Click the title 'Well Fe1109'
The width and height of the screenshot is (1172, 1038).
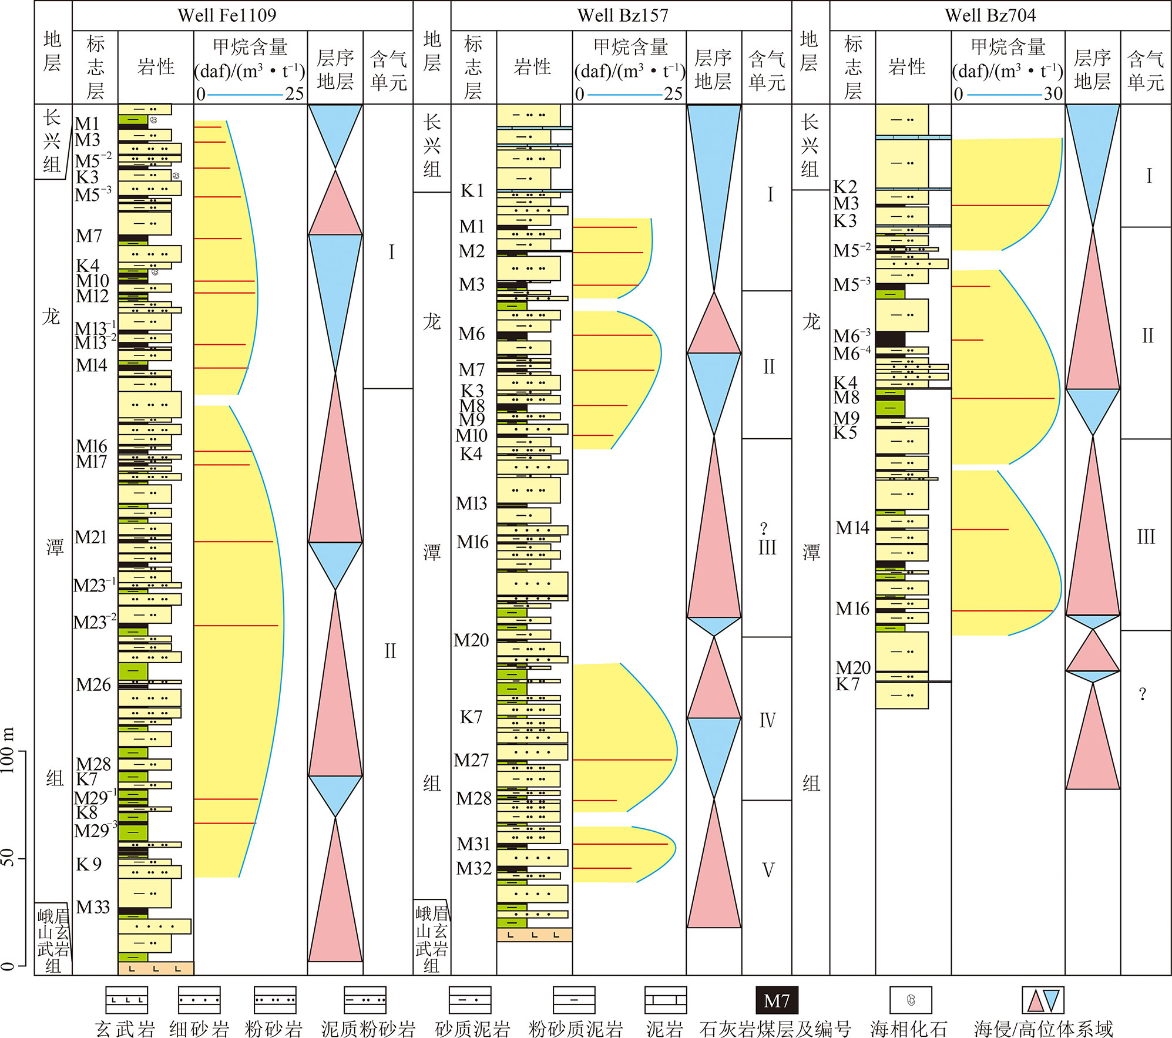[227, 15]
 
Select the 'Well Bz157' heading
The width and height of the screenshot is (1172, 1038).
[623, 15]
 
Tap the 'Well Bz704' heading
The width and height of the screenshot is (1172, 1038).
[990, 15]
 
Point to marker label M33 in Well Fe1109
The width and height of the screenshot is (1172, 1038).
[93, 907]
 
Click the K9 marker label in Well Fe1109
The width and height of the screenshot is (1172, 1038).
[89, 864]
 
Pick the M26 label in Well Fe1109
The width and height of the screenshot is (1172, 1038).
[93, 684]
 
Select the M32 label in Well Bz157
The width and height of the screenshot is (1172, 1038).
[473, 868]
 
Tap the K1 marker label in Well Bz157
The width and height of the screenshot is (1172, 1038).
[472, 191]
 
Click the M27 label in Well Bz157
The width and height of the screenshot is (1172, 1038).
[472, 760]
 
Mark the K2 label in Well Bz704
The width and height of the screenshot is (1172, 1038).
[845, 187]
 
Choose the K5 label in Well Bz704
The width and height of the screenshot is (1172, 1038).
[845, 432]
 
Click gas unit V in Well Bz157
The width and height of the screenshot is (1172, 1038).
[768, 870]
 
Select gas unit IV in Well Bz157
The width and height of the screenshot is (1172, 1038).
[767, 720]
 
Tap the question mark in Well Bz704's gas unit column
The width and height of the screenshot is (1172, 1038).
[1143, 694]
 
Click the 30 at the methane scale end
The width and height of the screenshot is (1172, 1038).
[1053, 94]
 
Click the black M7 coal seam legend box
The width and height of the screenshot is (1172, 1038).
[777, 1000]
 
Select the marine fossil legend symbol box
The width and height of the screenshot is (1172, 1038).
[911, 1000]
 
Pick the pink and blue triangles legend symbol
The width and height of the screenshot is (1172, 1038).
[1043, 1000]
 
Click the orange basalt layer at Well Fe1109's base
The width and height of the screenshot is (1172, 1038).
[156, 968]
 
